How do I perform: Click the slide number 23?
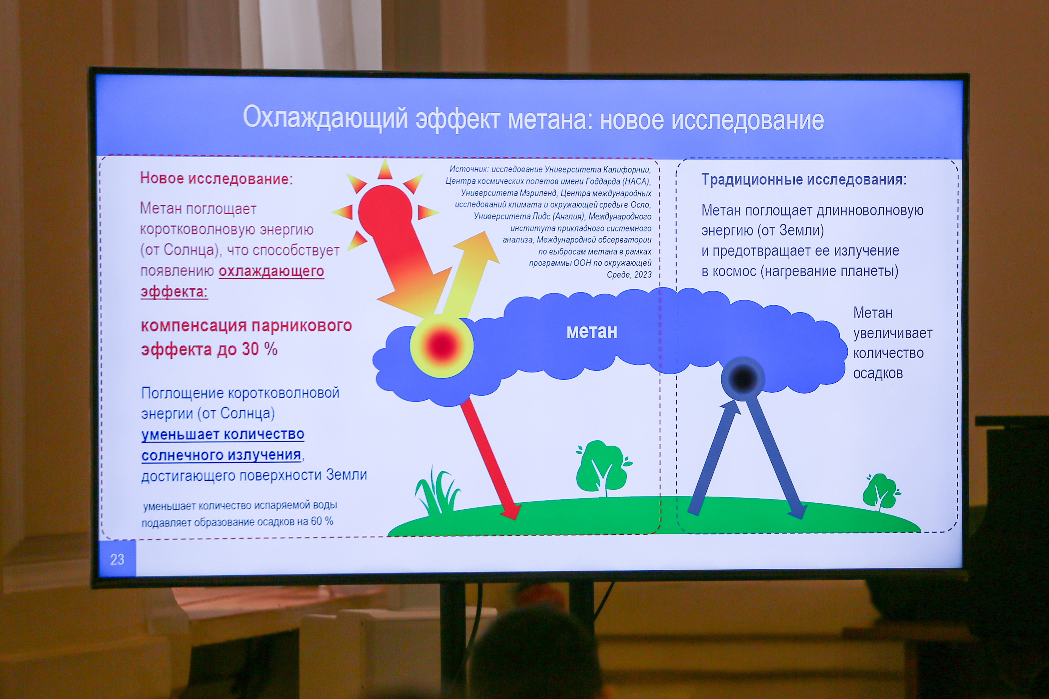[x=117, y=559]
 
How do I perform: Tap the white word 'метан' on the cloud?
[x=592, y=331]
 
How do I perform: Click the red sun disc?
[x=385, y=210]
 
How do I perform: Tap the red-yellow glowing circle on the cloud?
[x=441, y=345]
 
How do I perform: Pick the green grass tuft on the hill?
[x=437, y=490]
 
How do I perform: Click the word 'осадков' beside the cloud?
[x=878, y=373]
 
